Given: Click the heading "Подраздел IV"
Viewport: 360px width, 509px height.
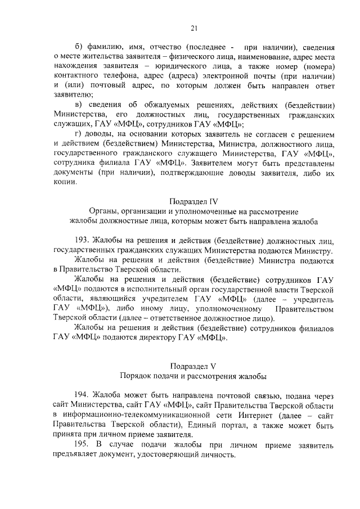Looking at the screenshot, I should [193, 201].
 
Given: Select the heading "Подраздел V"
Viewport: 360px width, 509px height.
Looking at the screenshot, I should [193, 365].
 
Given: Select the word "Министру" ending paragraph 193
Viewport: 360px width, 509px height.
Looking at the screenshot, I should [316, 251].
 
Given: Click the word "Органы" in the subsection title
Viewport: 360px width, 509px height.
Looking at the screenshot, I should [103, 211].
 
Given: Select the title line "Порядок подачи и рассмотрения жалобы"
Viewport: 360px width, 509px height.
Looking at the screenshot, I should [193, 375].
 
